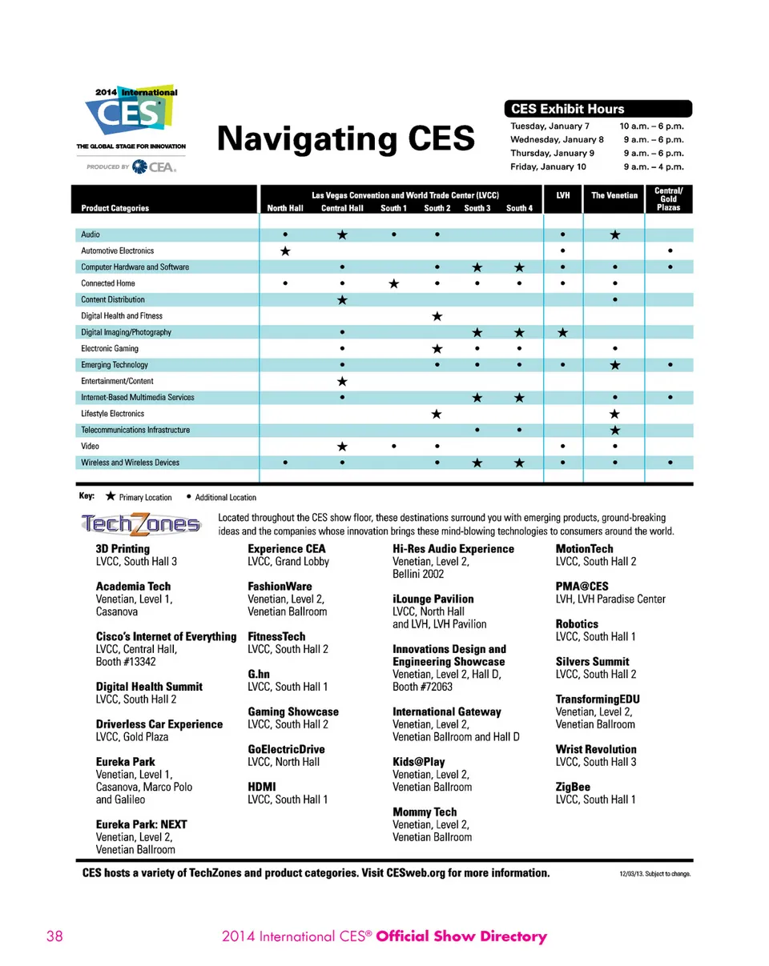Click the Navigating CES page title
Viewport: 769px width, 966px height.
[x=346, y=138]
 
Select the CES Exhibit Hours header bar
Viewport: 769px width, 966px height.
[x=597, y=109]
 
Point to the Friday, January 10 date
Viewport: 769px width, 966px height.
[x=549, y=167]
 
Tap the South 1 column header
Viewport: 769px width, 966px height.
[x=394, y=208]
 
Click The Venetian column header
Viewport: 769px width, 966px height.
[x=614, y=194]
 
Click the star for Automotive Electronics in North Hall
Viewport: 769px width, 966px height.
[x=285, y=251]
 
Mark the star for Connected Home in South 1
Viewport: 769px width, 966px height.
[x=393, y=283]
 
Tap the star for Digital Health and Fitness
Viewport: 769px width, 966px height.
[x=437, y=316]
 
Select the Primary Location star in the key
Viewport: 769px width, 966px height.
[x=110, y=497]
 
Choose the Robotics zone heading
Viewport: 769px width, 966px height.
[x=577, y=624]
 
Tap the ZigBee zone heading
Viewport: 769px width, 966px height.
[x=574, y=787]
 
